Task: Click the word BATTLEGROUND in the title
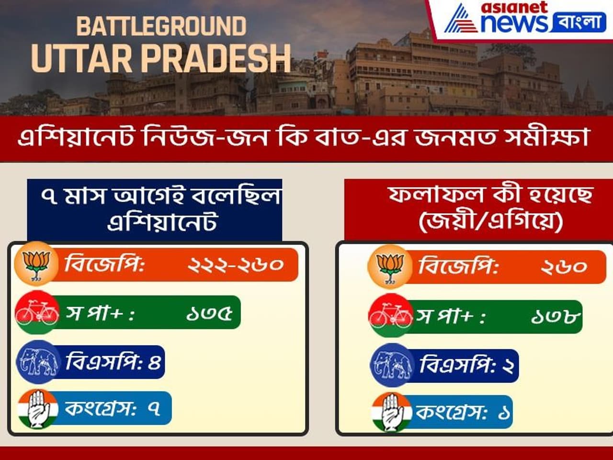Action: pyautogui.click(x=161, y=26)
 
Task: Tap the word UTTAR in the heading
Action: pyautogui.click(x=81, y=59)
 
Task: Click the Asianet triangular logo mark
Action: pyautogui.click(x=461, y=18)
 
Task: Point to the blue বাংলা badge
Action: pyautogui.click(x=579, y=22)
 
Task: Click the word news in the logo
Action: pyautogui.click(x=515, y=23)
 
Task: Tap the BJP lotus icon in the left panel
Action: pyautogui.click(x=36, y=264)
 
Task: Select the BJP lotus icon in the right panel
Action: pyautogui.click(x=389, y=267)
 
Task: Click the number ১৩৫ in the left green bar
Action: pyautogui.click(x=209, y=313)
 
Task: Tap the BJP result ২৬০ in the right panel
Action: pyautogui.click(x=564, y=267)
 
